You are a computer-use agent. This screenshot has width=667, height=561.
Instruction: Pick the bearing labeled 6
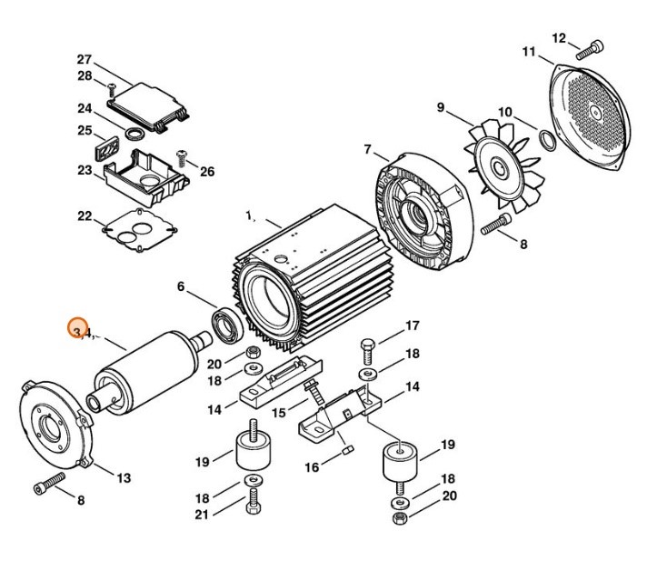[225, 323]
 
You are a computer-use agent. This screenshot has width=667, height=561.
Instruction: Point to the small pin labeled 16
[348, 448]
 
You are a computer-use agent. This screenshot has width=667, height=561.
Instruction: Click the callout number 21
[201, 515]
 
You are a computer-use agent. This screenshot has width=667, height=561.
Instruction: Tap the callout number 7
[368, 149]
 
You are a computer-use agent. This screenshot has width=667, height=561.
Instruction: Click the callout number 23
[85, 170]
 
